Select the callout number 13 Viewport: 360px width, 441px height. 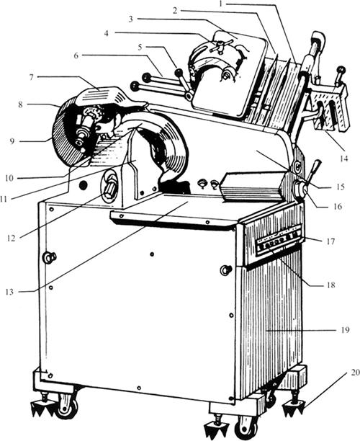9,292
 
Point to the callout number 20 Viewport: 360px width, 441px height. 355,373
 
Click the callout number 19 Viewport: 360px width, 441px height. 345,329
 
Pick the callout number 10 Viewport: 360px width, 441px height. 9,178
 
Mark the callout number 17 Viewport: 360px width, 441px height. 330,241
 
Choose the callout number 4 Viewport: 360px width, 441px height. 106,33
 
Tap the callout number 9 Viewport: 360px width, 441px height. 12,141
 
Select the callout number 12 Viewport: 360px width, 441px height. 11,239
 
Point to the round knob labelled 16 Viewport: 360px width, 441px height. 300,190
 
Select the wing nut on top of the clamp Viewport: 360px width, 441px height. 221,45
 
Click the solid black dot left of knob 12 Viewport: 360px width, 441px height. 83,185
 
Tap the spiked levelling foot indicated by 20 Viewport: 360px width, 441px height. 294,405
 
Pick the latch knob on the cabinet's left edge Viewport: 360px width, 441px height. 49,257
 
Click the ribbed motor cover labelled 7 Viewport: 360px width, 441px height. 102,95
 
